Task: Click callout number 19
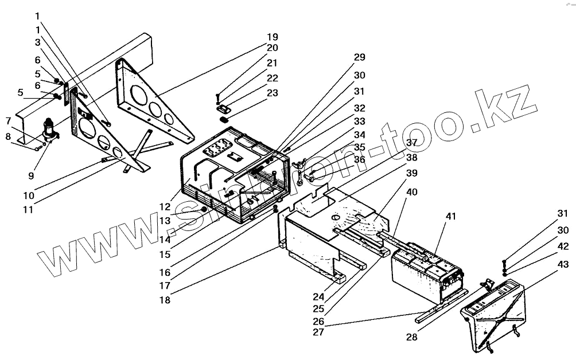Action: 272,37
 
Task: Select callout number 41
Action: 451,217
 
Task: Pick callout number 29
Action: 360,57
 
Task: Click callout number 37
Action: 412,143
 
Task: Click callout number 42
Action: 563,246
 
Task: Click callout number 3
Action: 37,42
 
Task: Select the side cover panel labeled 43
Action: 496,312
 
